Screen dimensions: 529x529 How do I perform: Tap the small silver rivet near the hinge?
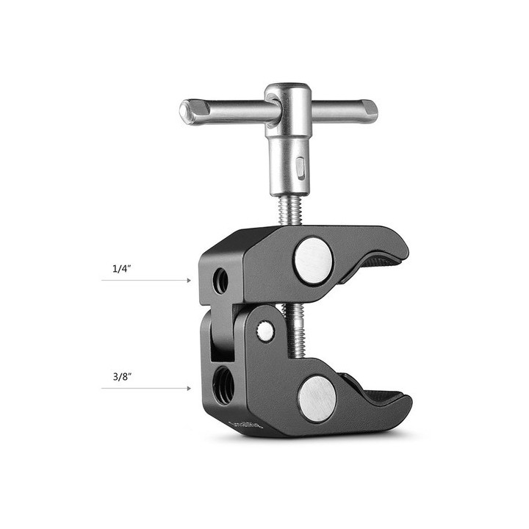(265, 332)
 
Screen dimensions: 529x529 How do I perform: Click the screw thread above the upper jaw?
(289, 212)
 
